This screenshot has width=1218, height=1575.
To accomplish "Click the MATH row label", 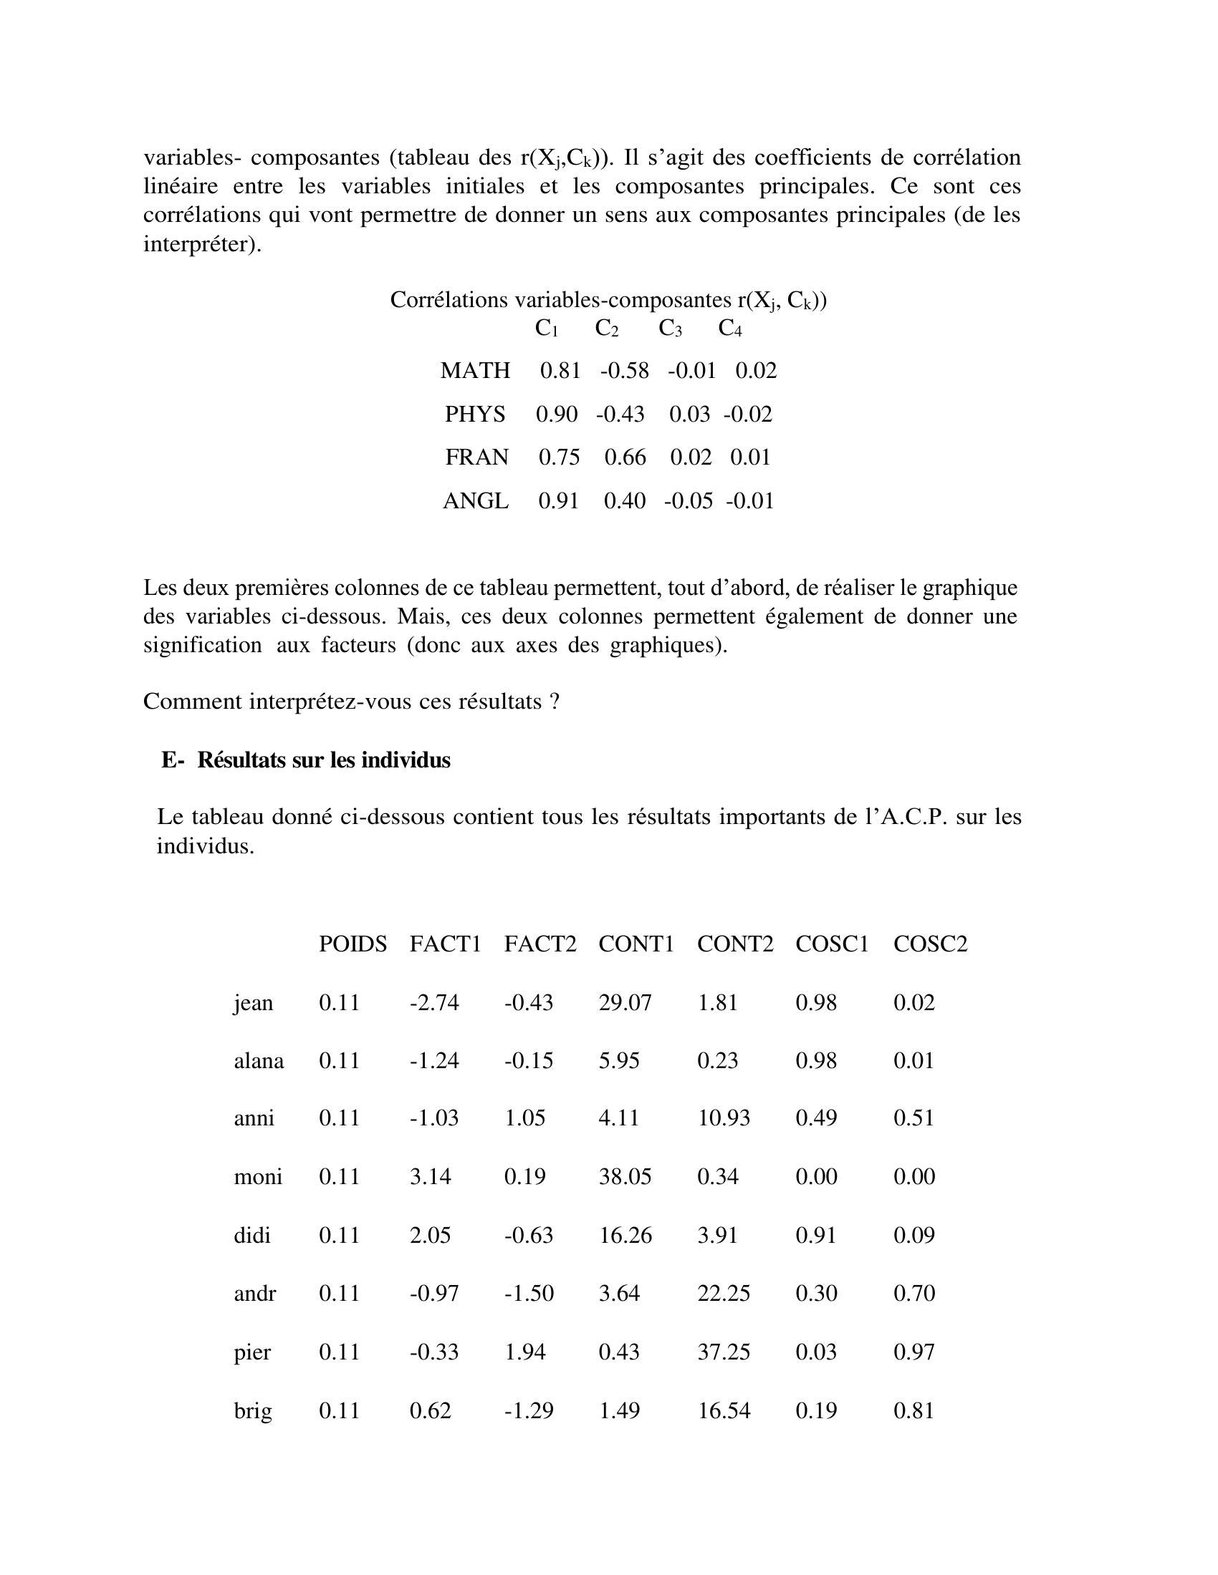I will pyautogui.click(x=475, y=371).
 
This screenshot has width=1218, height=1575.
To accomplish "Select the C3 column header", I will pyautogui.click(x=670, y=329).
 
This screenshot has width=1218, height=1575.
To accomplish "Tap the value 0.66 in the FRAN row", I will pyautogui.click(x=625, y=457).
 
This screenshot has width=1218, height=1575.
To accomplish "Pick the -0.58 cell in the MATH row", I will pyautogui.click(x=624, y=371).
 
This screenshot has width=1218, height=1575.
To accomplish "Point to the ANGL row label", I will pyautogui.click(x=476, y=500).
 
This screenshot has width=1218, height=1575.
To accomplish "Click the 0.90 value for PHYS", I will pyautogui.click(x=556, y=414).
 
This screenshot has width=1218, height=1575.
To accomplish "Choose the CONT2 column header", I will pyautogui.click(x=734, y=944).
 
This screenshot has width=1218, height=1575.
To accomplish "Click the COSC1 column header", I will pyautogui.click(x=832, y=944).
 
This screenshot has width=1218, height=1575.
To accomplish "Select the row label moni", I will pyautogui.click(x=258, y=1176).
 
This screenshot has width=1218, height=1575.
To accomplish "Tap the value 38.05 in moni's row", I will pyautogui.click(x=625, y=1176).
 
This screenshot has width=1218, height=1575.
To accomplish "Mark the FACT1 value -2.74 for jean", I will pyautogui.click(x=433, y=1002).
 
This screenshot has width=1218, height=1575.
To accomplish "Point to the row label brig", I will pyautogui.click(x=252, y=1410).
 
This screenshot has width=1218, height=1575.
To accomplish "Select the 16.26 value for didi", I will pyautogui.click(x=625, y=1235).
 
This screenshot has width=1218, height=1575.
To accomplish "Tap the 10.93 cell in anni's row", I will pyautogui.click(x=723, y=1118).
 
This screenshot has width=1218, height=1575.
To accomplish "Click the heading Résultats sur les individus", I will pyautogui.click(x=323, y=760).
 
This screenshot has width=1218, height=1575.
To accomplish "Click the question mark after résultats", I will pyautogui.click(x=554, y=701).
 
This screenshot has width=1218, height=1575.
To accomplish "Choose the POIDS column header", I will pyautogui.click(x=353, y=944).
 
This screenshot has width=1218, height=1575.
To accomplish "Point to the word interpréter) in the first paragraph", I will pyautogui.click(x=202, y=244).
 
